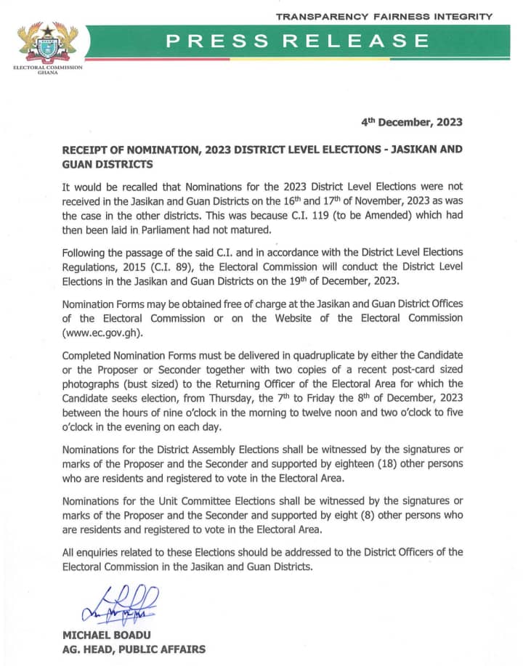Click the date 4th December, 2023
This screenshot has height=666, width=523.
click(412, 122)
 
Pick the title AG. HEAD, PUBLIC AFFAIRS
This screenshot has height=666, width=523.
click(134, 649)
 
